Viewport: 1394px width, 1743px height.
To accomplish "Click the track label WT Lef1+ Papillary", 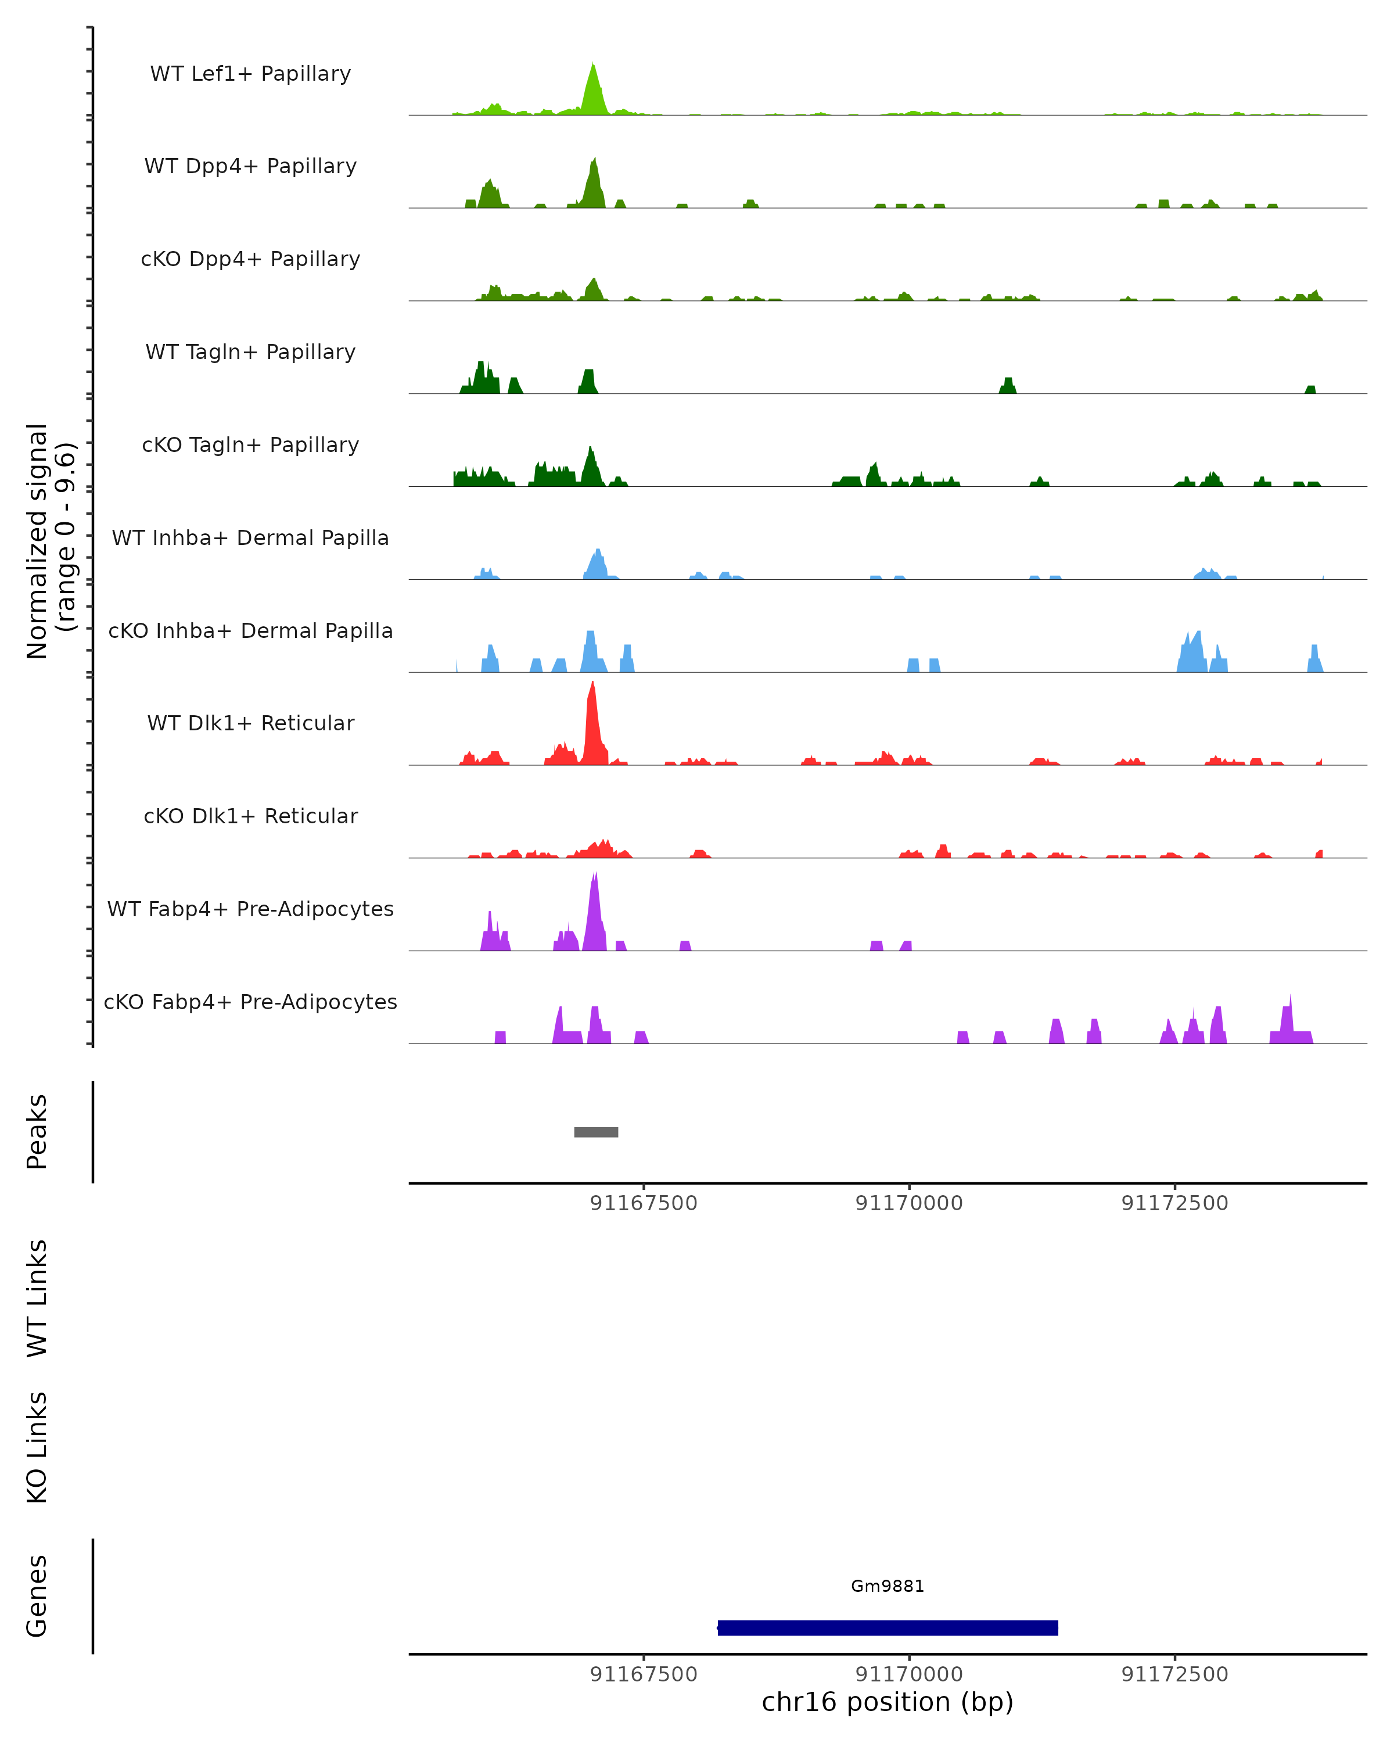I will coord(250,74).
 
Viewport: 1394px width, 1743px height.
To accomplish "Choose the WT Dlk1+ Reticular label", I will coord(250,723).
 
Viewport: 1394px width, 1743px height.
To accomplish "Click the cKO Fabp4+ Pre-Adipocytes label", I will coord(250,1002).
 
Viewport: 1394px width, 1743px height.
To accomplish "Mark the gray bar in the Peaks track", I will coord(597,1132).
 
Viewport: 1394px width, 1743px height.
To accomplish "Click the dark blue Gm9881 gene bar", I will coord(888,1627).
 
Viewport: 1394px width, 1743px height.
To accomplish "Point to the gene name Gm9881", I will coord(888,1586).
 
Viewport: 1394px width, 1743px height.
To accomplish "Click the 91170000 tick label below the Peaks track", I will coord(909,1203).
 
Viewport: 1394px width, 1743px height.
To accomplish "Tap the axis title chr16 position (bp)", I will coord(888,1702).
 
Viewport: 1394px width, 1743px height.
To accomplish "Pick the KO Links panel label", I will coord(37,1447).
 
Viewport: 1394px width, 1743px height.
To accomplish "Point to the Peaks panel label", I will coord(37,1132).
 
